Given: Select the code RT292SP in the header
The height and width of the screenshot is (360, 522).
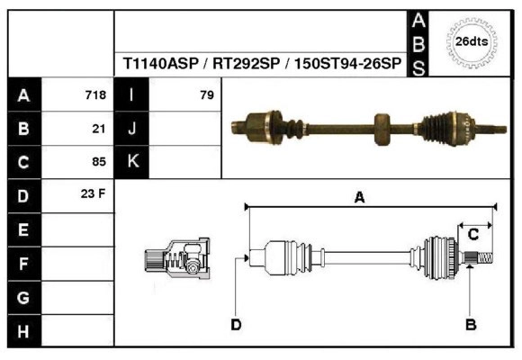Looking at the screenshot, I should (x=244, y=65).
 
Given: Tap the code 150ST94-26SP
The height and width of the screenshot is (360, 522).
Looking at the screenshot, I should (x=346, y=65).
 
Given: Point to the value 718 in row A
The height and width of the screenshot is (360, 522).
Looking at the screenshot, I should (x=95, y=95).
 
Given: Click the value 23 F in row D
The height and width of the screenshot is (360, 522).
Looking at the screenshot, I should (x=94, y=194).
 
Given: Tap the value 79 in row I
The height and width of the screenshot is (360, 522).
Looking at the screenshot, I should (x=206, y=95).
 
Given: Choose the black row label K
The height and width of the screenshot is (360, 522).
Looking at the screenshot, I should (x=132, y=162).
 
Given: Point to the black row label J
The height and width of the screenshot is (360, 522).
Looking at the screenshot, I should (x=132, y=129).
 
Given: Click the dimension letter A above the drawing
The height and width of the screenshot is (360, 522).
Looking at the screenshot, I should (x=359, y=199).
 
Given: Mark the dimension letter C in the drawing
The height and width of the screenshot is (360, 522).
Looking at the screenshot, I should (x=472, y=234).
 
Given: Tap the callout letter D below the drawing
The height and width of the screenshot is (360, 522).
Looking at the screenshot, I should (x=236, y=324).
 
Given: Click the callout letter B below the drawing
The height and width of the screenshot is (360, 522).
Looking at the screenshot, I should (x=470, y=324).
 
